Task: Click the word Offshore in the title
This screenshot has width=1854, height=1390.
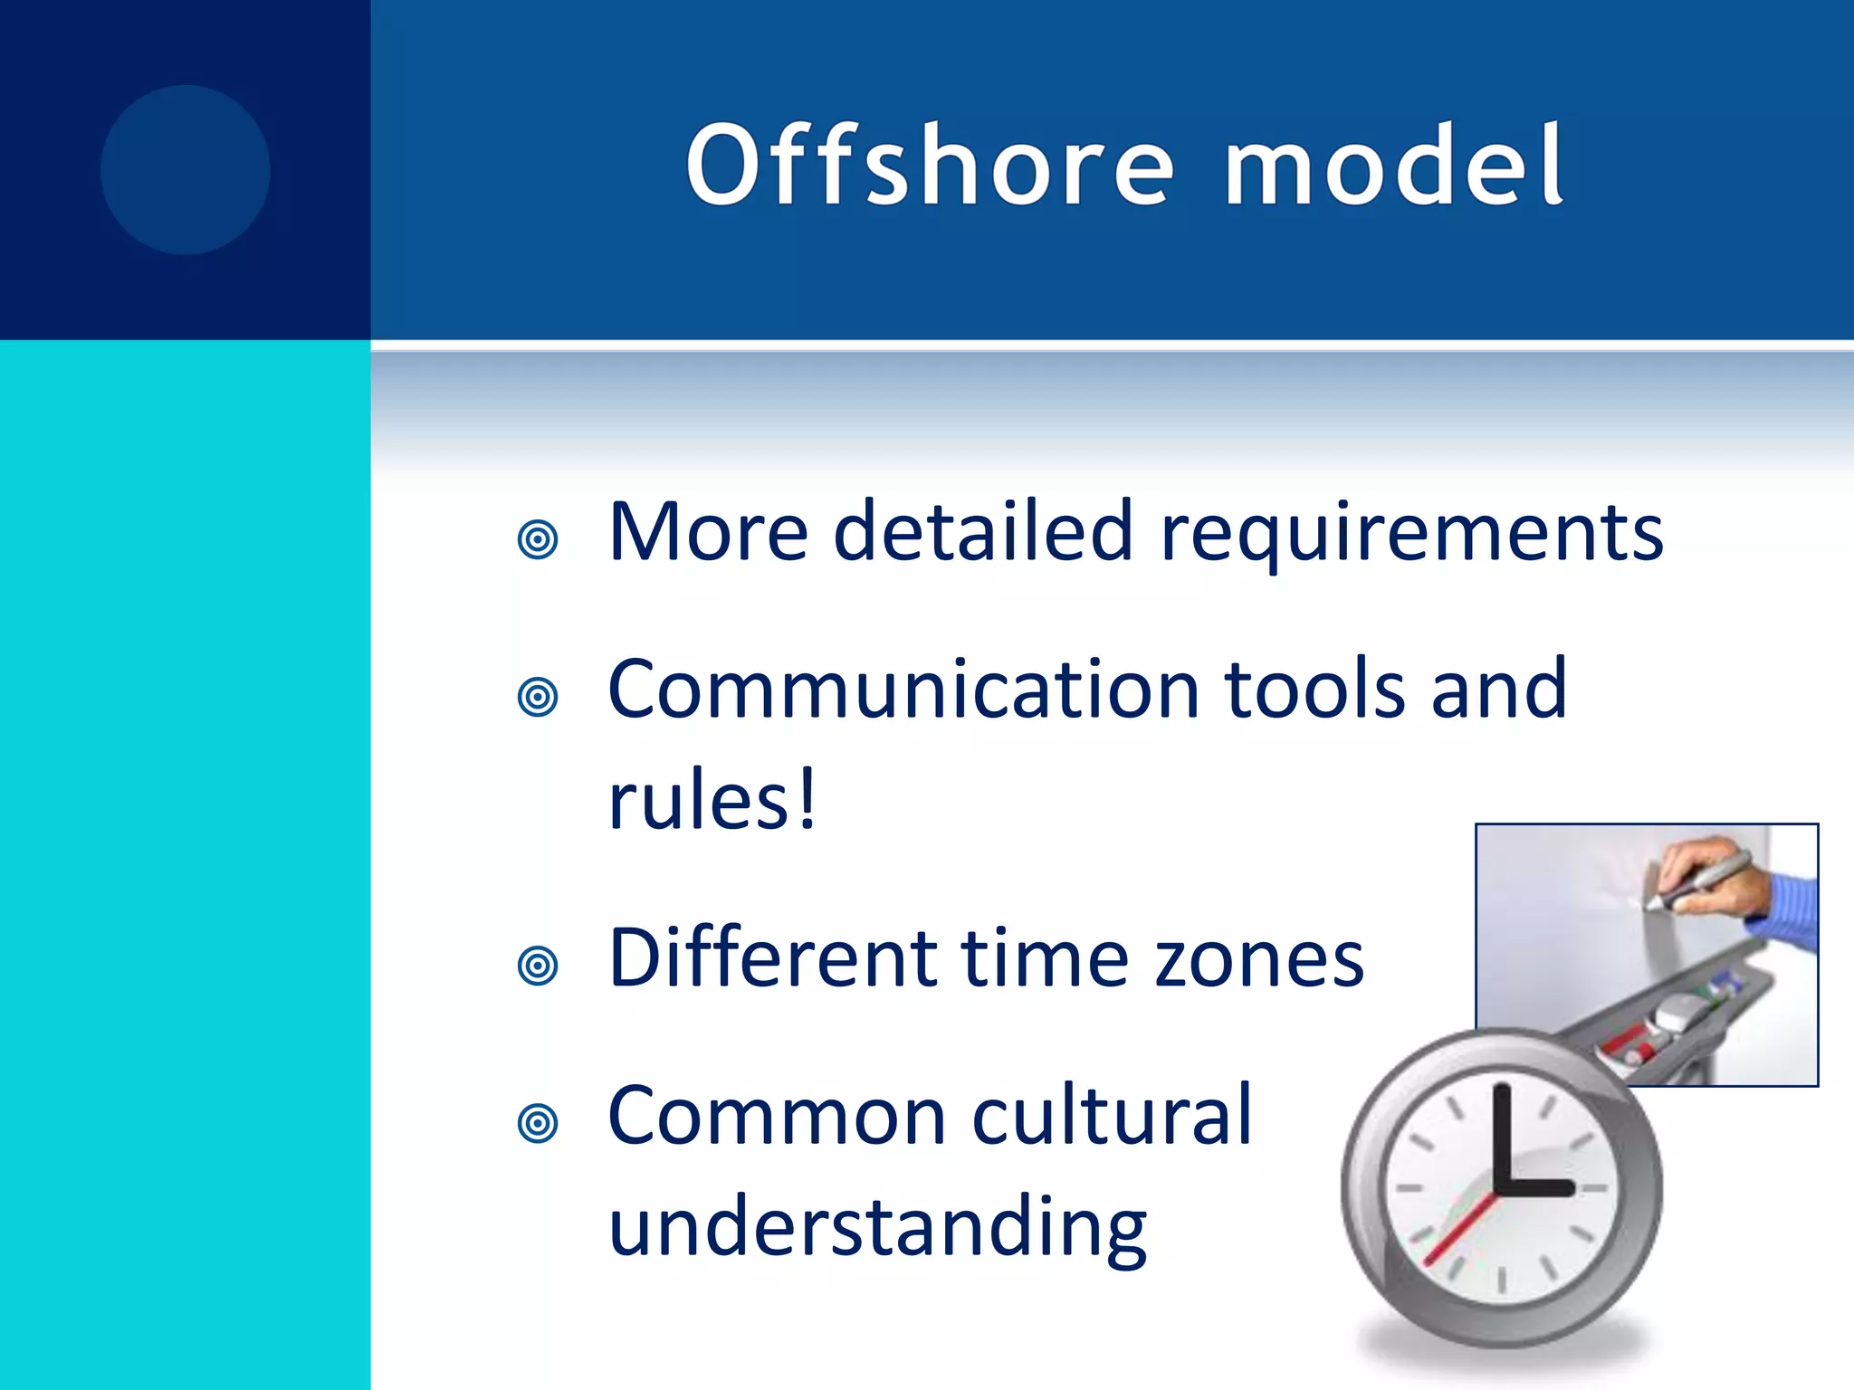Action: pyautogui.click(x=930, y=165)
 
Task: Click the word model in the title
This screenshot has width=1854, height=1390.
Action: pyautogui.click(x=1394, y=165)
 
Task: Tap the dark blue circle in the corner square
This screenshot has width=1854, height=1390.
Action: pyautogui.click(x=185, y=170)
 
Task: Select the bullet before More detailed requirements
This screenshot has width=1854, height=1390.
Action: pyautogui.click(x=538, y=540)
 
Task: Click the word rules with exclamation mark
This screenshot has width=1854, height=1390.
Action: pyautogui.click(x=712, y=800)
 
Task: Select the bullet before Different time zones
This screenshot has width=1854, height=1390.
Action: pyautogui.click(x=538, y=966)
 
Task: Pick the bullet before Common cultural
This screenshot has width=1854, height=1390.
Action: pyautogui.click(x=538, y=1123)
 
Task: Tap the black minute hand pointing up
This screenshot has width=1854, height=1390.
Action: pyautogui.click(x=1502, y=1136)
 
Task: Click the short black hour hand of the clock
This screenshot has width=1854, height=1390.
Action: pyautogui.click(x=1539, y=1187)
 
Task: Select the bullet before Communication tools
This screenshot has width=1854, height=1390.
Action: pyautogui.click(x=538, y=697)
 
